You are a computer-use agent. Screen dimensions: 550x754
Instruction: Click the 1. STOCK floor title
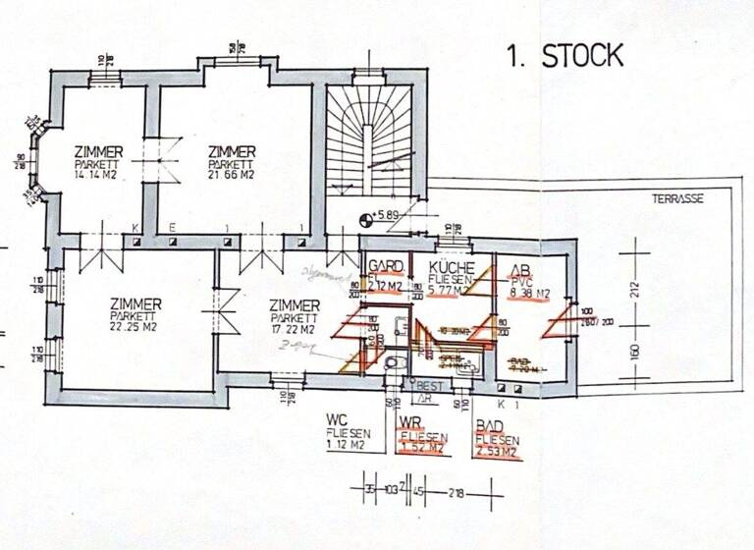tap(565, 56)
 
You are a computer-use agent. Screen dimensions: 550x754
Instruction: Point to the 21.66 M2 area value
tap(232, 176)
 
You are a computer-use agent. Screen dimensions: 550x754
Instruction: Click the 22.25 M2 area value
tap(135, 329)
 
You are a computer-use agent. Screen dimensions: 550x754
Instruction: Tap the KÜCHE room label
tap(453, 267)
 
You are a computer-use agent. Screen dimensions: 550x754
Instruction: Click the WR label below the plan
tap(411, 423)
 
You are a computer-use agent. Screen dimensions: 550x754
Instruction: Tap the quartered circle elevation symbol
tap(368, 218)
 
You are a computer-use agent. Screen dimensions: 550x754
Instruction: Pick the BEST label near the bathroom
tap(430, 385)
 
